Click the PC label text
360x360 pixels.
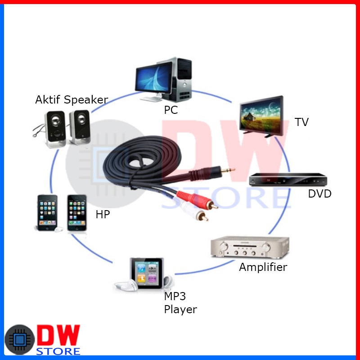click(171, 110)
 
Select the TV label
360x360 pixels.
click(301, 122)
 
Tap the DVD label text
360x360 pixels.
click(319, 194)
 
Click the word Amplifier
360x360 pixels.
click(263, 267)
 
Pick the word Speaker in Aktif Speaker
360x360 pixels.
click(86, 100)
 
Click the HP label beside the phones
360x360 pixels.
click(103, 214)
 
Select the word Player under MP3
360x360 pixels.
click(180, 310)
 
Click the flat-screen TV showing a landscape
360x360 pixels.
click(261, 117)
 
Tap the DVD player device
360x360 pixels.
click(288, 179)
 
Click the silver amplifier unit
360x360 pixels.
click(250, 247)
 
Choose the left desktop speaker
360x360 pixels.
click(55, 129)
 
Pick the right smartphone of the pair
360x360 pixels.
click(77, 213)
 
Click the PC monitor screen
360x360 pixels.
click(153, 77)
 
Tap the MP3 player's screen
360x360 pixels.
click(147, 273)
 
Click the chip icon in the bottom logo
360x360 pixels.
click(20, 340)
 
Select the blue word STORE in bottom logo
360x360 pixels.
click(58, 351)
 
